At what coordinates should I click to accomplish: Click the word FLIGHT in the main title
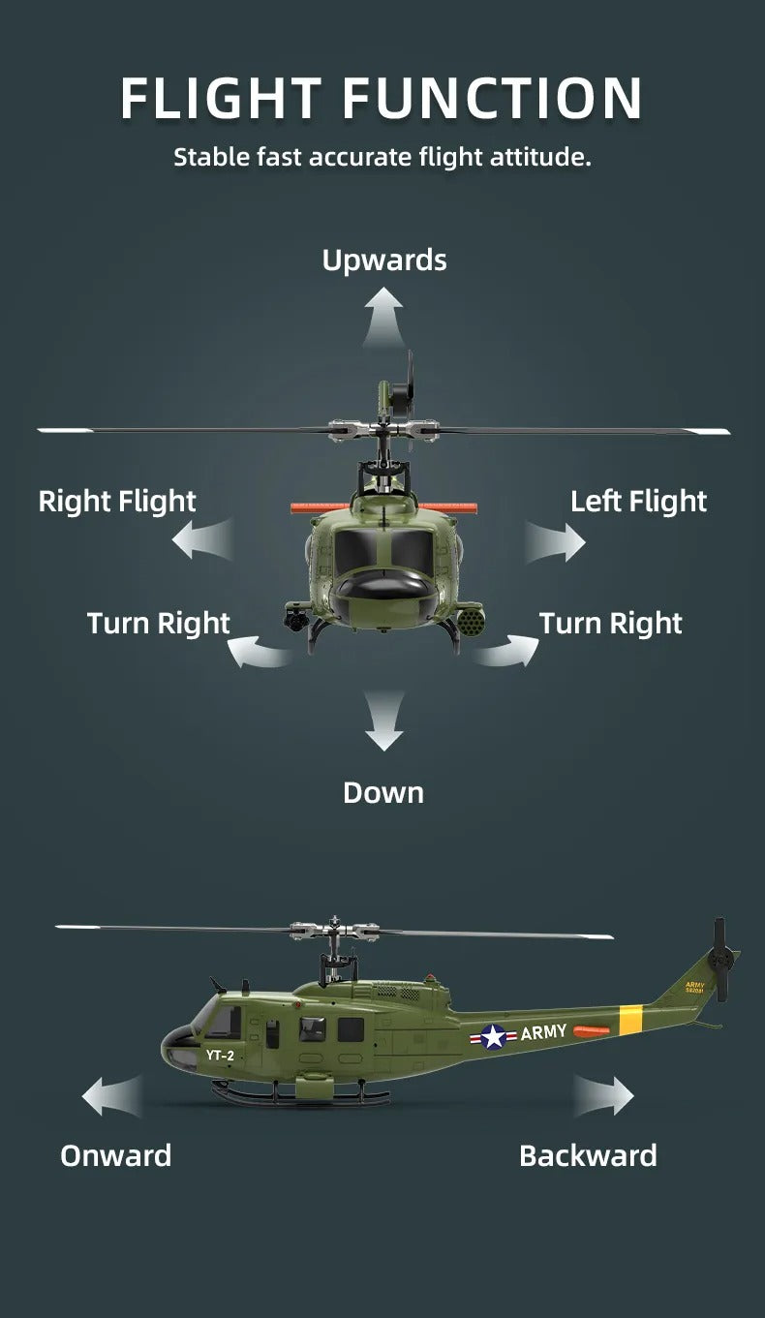click(x=222, y=98)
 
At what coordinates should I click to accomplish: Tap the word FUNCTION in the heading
click(x=493, y=98)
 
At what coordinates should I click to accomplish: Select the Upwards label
click(x=384, y=261)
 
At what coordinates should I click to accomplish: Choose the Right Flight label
click(x=117, y=502)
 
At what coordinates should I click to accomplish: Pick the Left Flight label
click(x=638, y=502)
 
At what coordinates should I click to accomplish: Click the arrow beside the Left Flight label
click(x=558, y=539)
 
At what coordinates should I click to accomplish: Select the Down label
click(x=383, y=793)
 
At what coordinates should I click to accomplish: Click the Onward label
click(x=115, y=1155)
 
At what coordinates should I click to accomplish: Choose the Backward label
click(x=588, y=1155)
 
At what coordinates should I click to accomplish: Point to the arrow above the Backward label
click(x=605, y=1096)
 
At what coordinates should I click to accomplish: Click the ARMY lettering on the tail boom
click(x=543, y=1032)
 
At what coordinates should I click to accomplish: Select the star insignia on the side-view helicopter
click(x=494, y=1037)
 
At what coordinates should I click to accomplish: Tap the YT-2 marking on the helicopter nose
click(x=220, y=1056)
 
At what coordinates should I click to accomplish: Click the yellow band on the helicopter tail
click(x=631, y=1020)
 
